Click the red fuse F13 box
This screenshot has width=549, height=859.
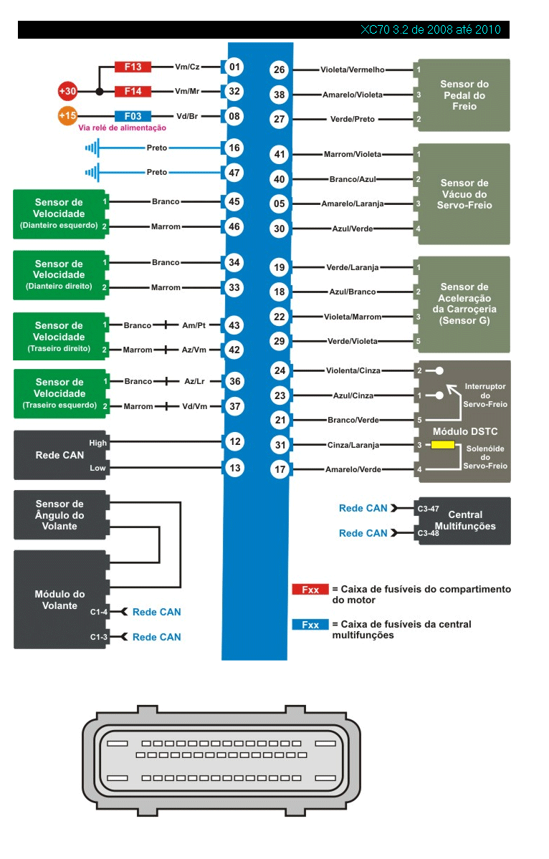(x=133, y=67)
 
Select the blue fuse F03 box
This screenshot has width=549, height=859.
(x=133, y=115)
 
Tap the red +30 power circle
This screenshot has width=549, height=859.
(x=68, y=91)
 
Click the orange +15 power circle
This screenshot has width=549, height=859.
(x=68, y=115)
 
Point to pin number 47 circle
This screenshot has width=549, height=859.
(x=234, y=173)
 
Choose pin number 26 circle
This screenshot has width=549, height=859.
(x=280, y=69)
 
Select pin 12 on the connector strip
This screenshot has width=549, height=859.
(x=234, y=442)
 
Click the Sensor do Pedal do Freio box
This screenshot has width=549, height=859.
(x=464, y=95)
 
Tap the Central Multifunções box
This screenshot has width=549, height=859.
(x=465, y=520)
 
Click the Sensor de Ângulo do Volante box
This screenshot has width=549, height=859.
(x=59, y=515)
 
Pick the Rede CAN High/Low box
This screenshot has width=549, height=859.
(x=59, y=455)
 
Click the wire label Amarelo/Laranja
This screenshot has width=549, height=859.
(x=352, y=204)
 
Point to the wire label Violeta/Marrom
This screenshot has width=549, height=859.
(x=352, y=317)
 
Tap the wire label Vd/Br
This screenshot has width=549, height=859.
(x=188, y=115)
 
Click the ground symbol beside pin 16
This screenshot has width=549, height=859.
(x=91, y=148)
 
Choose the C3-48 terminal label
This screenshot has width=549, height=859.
(x=428, y=533)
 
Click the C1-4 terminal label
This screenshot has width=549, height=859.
(x=99, y=612)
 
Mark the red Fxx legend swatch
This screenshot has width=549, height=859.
(x=310, y=589)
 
